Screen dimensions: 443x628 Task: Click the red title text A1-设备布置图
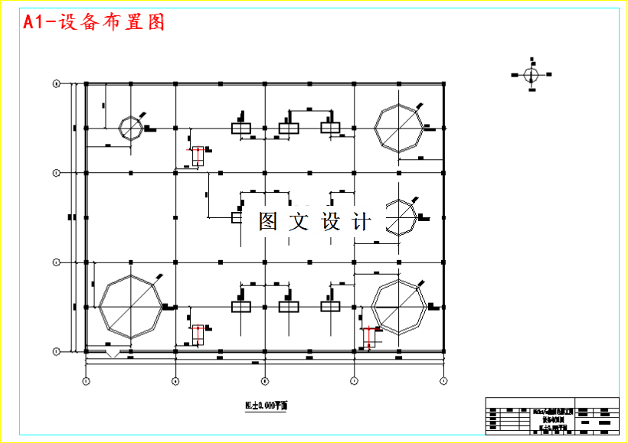point(94,22)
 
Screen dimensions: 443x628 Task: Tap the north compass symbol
point(531,74)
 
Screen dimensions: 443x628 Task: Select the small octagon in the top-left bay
point(129,128)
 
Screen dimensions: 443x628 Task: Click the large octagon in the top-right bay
point(398,128)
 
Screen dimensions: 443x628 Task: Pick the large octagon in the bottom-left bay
point(131,306)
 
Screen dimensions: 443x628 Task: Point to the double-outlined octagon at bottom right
point(398,306)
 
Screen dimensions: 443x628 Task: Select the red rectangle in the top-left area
point(198,156)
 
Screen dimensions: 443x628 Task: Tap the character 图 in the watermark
point(268,222)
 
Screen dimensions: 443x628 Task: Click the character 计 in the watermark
point(361,222)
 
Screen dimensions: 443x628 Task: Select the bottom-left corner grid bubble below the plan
point(86,379)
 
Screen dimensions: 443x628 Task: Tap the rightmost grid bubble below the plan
point(443,379)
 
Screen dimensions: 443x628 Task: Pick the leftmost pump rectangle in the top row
point(242,128)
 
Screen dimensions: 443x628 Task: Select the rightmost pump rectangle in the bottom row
point(330,306)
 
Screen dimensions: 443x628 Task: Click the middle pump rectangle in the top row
point(288,128)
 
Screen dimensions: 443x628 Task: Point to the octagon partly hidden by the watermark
point(401,217)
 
